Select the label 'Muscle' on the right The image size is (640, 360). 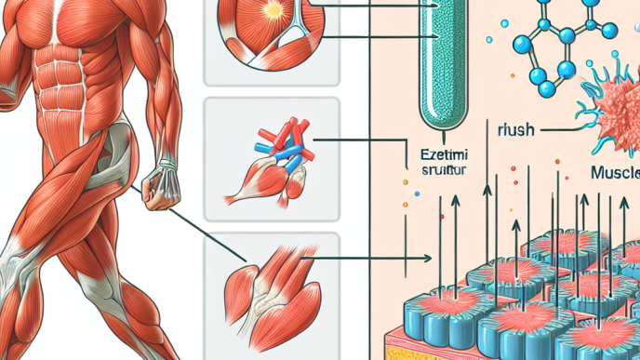coord(614,173)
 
